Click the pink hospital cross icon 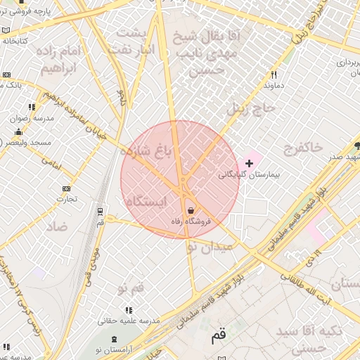tap(249, 163)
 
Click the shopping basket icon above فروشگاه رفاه tap(191, 210)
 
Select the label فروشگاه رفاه tap(191, 221)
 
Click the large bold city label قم tap(219, 337)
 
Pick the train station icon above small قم tap(100, 210)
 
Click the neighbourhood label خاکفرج tap(302, 148)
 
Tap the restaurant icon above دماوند tap(274, 75)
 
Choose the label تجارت tap(67, 199)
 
